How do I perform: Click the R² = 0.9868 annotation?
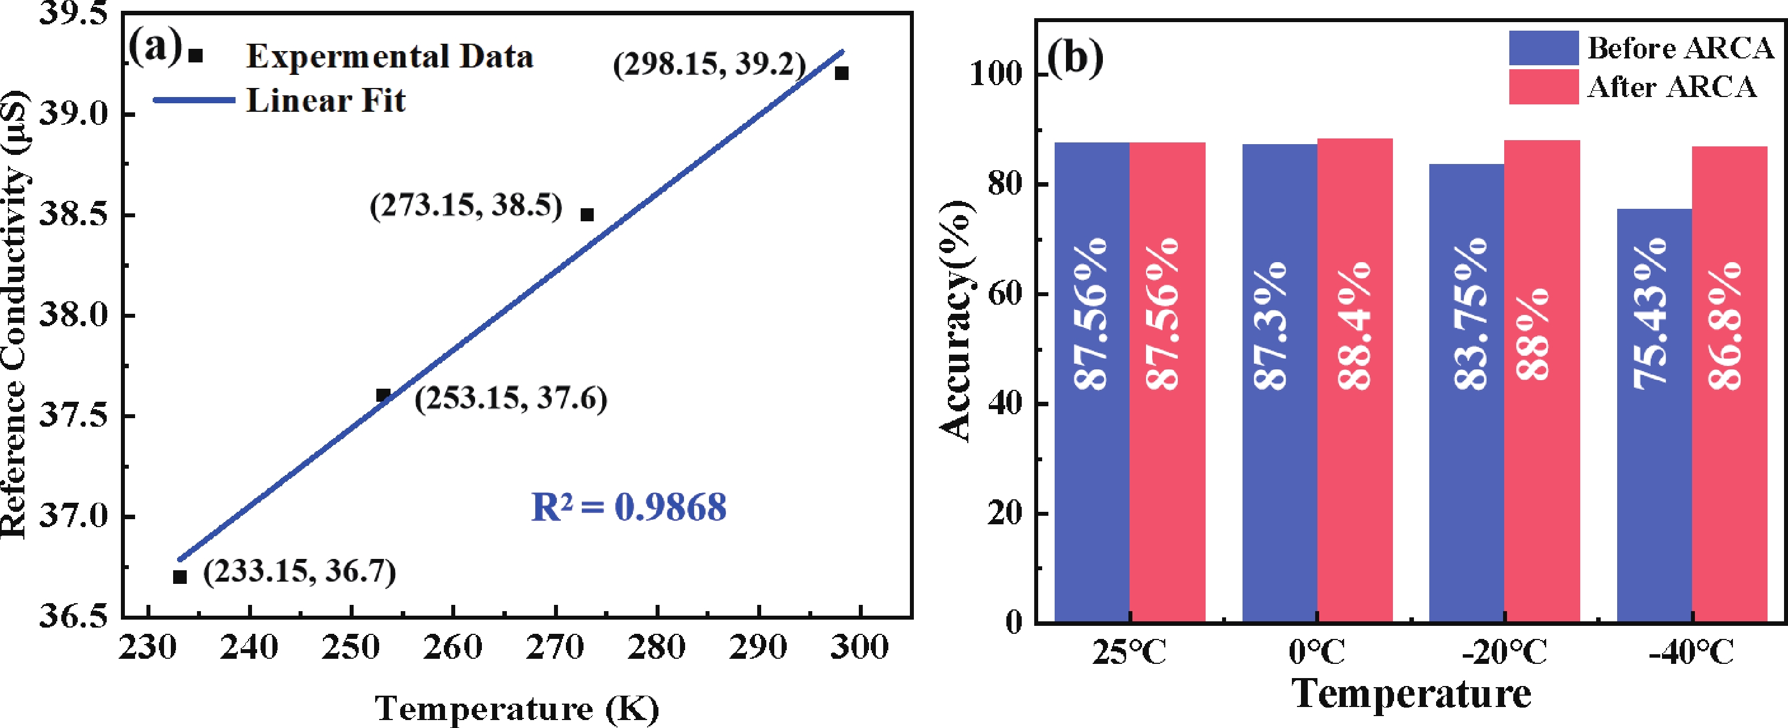(x=628, y=507)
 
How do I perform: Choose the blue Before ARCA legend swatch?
(x=1543, y=48)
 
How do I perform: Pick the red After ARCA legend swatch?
(x=1543, y=87)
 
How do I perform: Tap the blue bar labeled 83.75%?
(x=1467, y=392)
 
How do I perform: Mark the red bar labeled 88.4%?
(x=1355, y=380)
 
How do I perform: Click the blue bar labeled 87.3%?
(x=1279, y=382)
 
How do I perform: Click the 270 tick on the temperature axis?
(x=555, y=647)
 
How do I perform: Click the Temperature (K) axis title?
(x=517, y=709)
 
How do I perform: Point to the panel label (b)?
(x=1075, y=58)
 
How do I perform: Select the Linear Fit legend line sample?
(x=194, y=100)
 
